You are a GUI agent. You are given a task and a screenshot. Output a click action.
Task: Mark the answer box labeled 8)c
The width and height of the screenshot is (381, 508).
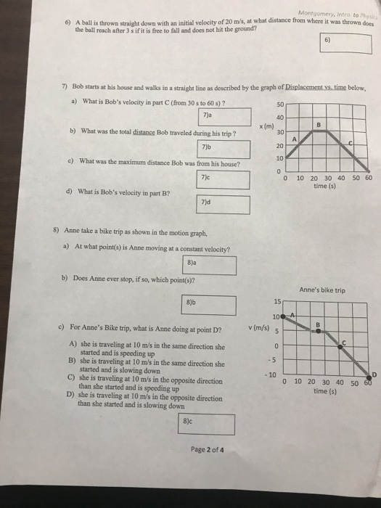[207, 425]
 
